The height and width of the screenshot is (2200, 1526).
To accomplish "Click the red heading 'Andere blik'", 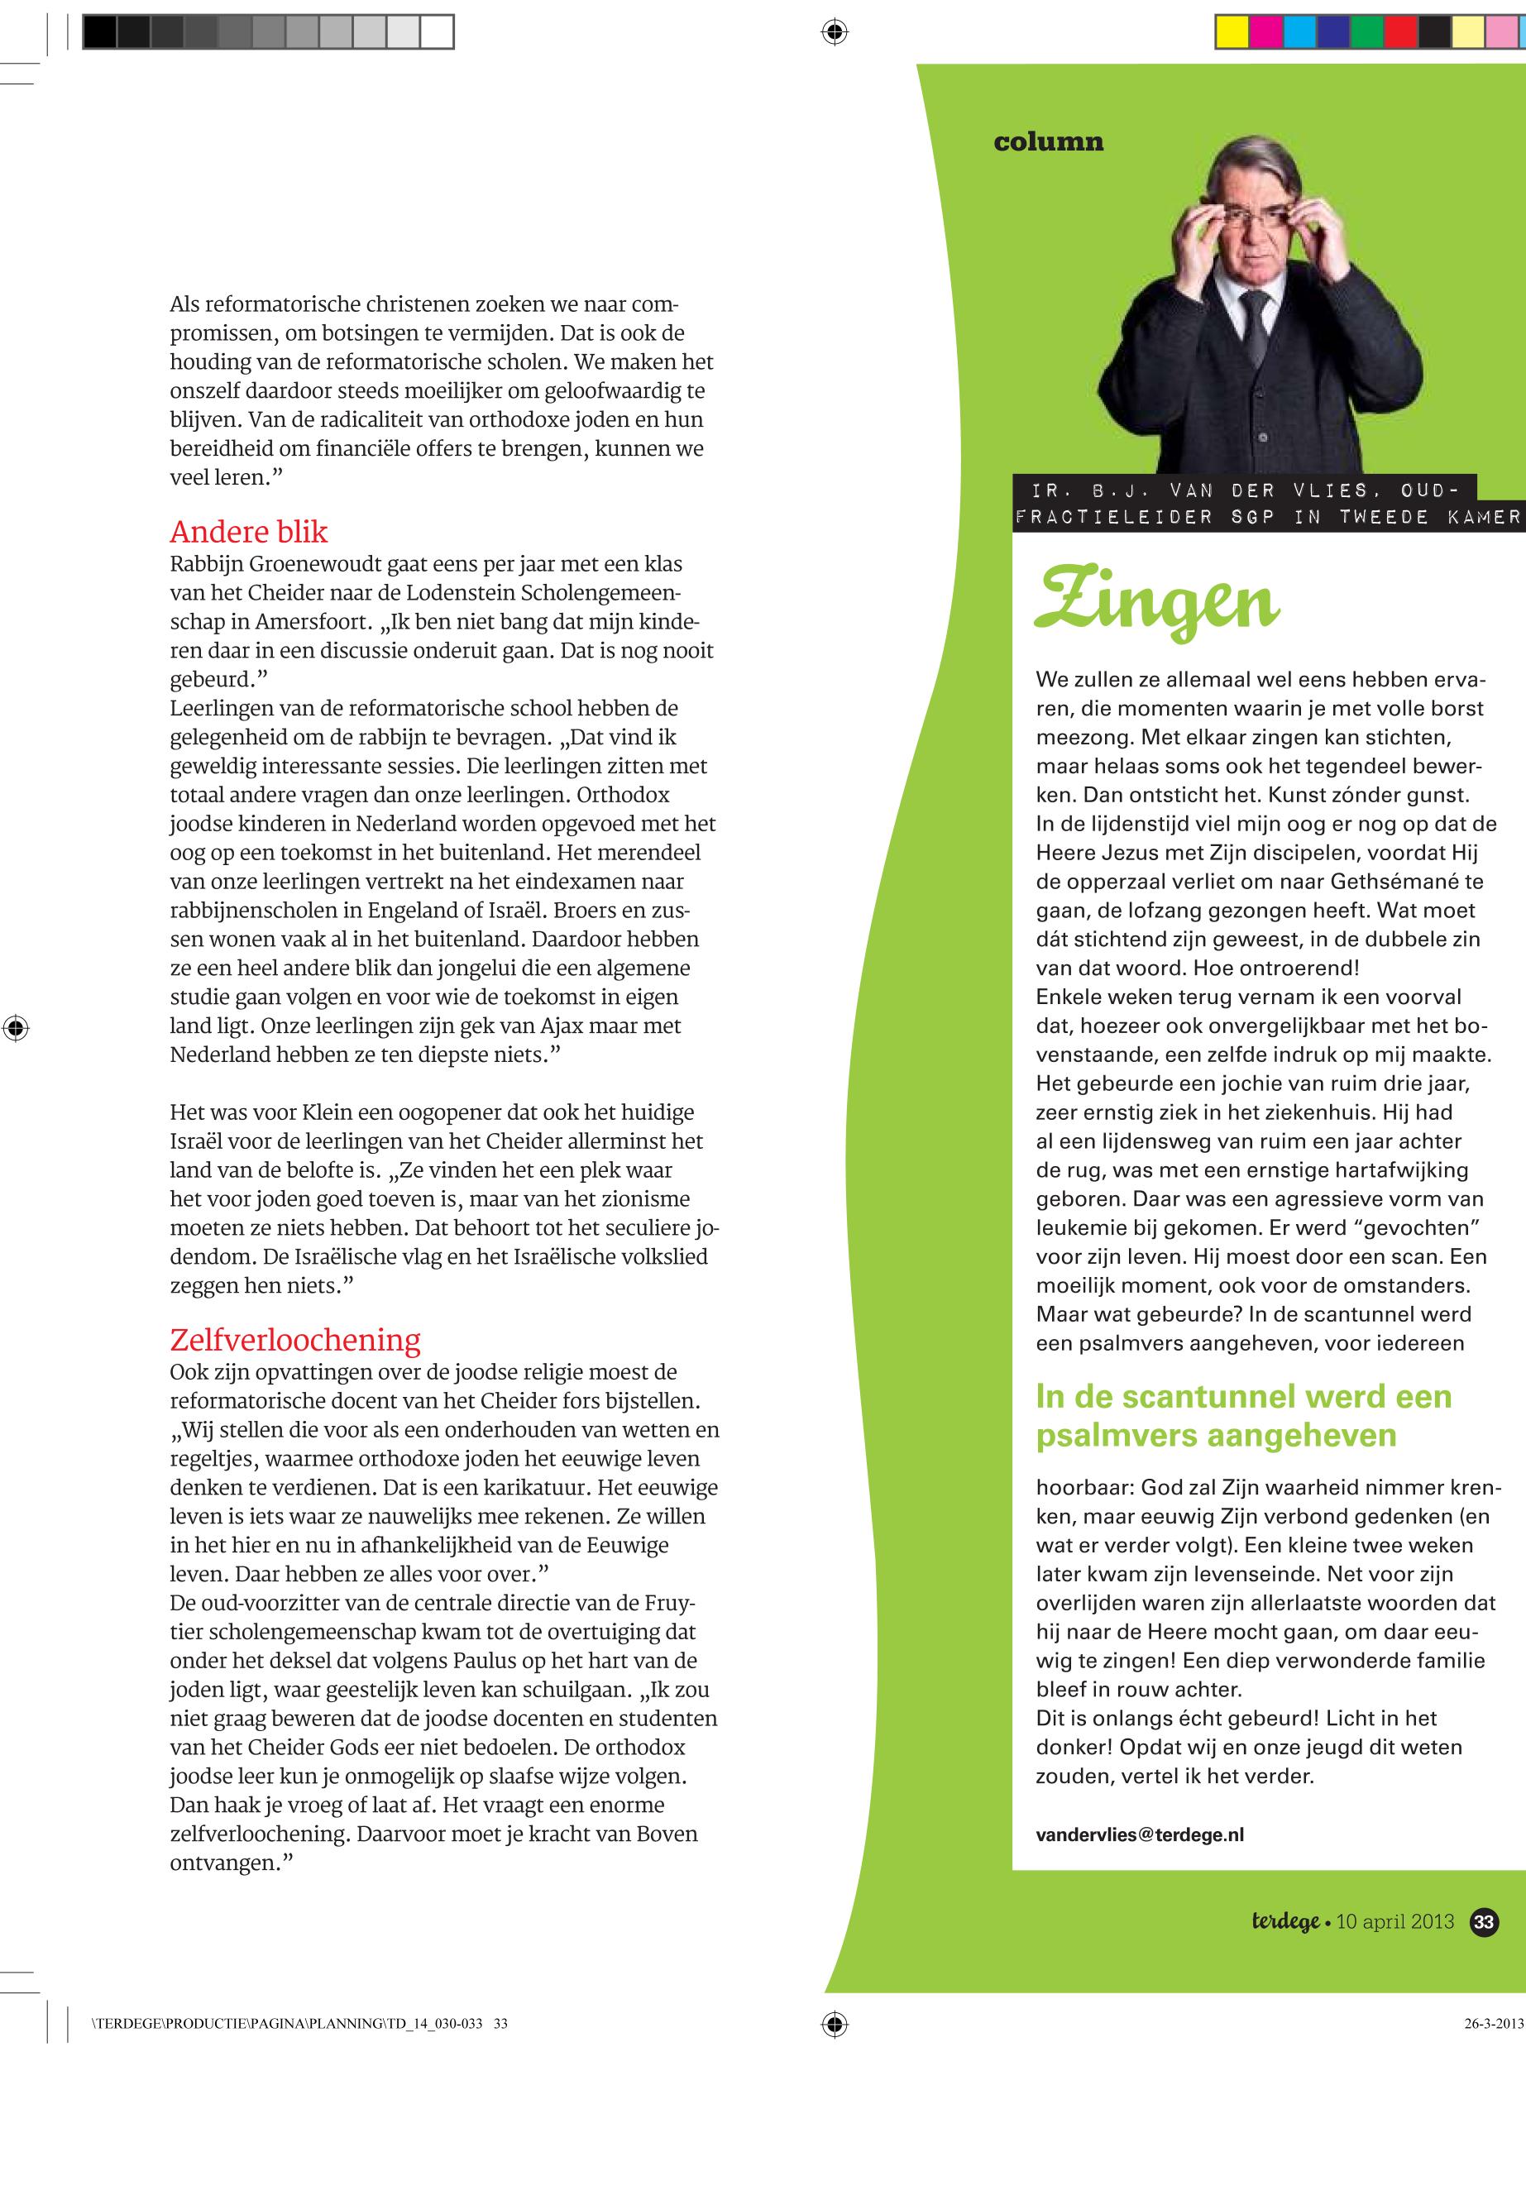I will (x=249, y=532).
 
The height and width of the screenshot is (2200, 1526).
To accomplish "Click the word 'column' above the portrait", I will (x=1048, y=142).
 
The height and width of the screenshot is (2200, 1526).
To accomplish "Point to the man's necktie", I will (x=1254, y=325).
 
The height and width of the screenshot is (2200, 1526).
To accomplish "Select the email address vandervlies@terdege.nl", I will (x=1140, y=1834).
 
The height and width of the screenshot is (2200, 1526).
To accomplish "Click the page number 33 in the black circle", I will (x=1484, y=1922).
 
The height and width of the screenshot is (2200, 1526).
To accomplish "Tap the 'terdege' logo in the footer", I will (x=1285, y=1922).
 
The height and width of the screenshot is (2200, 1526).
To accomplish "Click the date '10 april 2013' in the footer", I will (x=1395, y=1922).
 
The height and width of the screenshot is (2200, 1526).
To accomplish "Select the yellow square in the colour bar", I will (x=1232, y=32).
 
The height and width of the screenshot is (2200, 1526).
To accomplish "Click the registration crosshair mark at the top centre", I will (x=834, y=32).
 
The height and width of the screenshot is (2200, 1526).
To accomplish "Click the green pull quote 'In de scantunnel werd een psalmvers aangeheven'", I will (x=1243, y=1416).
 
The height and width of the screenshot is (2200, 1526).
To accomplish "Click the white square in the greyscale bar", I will (x=437, y=32).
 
